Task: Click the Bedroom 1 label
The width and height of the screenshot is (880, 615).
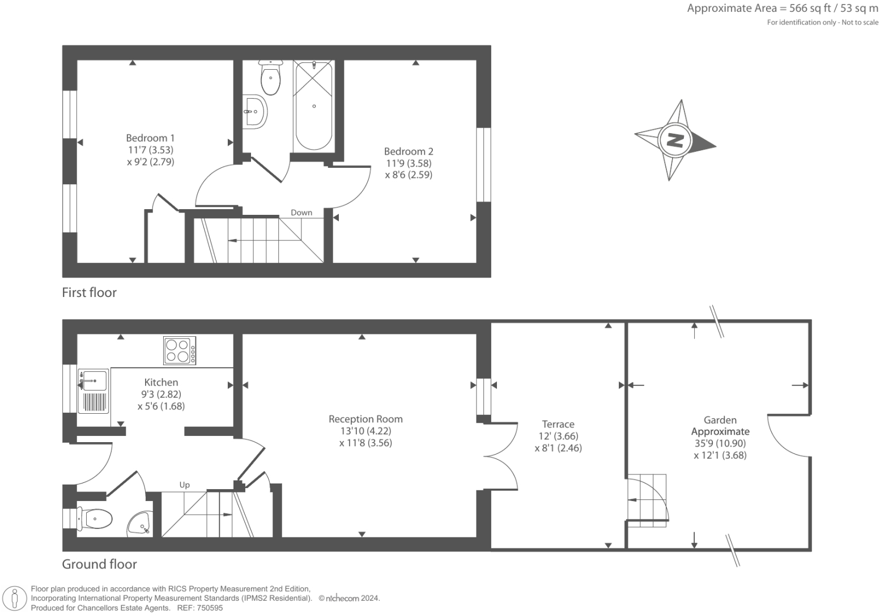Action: [x=150, y=138]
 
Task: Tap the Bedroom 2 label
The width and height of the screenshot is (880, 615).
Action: [x=409, y=151]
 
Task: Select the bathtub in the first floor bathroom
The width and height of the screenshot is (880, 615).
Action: [x=313, y=106]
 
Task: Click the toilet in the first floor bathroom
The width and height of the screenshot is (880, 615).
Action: [x=270, y=79]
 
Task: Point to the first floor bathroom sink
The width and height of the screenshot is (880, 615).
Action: [x=255, y=112]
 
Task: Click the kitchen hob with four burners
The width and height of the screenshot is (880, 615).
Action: [x=180, y=350]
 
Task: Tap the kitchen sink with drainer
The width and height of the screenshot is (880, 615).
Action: [x=94, y=391]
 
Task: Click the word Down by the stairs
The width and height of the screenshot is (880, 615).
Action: [x=301, y=213]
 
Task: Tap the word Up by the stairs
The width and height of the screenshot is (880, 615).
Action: [x=184, y=485]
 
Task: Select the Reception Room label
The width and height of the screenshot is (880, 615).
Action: [x=365, y=419]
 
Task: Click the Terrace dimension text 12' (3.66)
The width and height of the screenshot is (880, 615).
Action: [x=558, y=436]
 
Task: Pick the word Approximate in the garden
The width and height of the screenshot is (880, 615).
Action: [x=720, y=431]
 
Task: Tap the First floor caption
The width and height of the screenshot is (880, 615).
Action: [x=89, y=292]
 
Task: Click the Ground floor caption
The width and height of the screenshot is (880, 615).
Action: [x=99, y=564]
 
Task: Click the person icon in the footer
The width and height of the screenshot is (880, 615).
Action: [x=15, y=599]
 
